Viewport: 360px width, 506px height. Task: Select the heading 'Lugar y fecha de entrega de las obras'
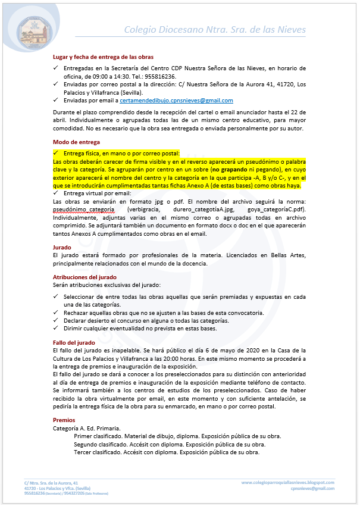pos(104,57)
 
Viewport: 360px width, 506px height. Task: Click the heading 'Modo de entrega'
pos(77,142)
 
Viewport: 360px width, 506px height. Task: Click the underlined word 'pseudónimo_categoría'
pos(83,210)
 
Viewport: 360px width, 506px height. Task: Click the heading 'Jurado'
pos(62,247)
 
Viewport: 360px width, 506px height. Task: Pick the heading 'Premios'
pos(64,420)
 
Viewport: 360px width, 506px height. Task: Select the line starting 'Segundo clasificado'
pos(170,444)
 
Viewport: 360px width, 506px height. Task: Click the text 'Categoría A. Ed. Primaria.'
pos(87,428)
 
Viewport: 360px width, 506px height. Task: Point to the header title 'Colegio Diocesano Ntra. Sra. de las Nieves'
pos(215,30)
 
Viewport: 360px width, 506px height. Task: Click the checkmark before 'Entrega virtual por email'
pos(56,193)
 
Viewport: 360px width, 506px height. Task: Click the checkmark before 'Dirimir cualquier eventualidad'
pos(56,329)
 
